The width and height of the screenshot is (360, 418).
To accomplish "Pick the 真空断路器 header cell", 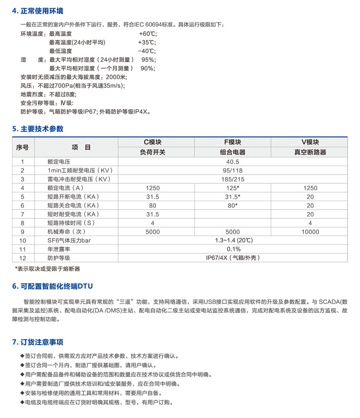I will pyautogui.click(x=310, y=152).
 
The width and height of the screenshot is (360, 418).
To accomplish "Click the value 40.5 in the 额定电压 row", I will pyautogui.click(x=232, y=162).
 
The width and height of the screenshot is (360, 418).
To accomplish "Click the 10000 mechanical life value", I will pyautogui.click(x=310, y=232).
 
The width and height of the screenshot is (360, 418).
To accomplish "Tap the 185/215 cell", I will pyautogui.click(x=232, y=179).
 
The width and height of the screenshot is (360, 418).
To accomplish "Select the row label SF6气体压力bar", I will pyautogui.click(x=69, y=240).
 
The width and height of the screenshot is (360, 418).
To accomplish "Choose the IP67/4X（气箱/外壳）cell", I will pyautogui.click(x=233, y=258).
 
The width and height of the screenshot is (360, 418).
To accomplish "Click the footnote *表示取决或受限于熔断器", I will pyautogui.click(x=47, y=269).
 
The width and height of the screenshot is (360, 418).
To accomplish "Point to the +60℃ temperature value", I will pyautogui.click(x=148, y=34).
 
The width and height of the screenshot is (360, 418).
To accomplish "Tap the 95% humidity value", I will pyautogui.click(x=148, y=60).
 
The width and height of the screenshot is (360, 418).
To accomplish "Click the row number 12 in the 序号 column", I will pyautogui.click(x=23, y=258).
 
